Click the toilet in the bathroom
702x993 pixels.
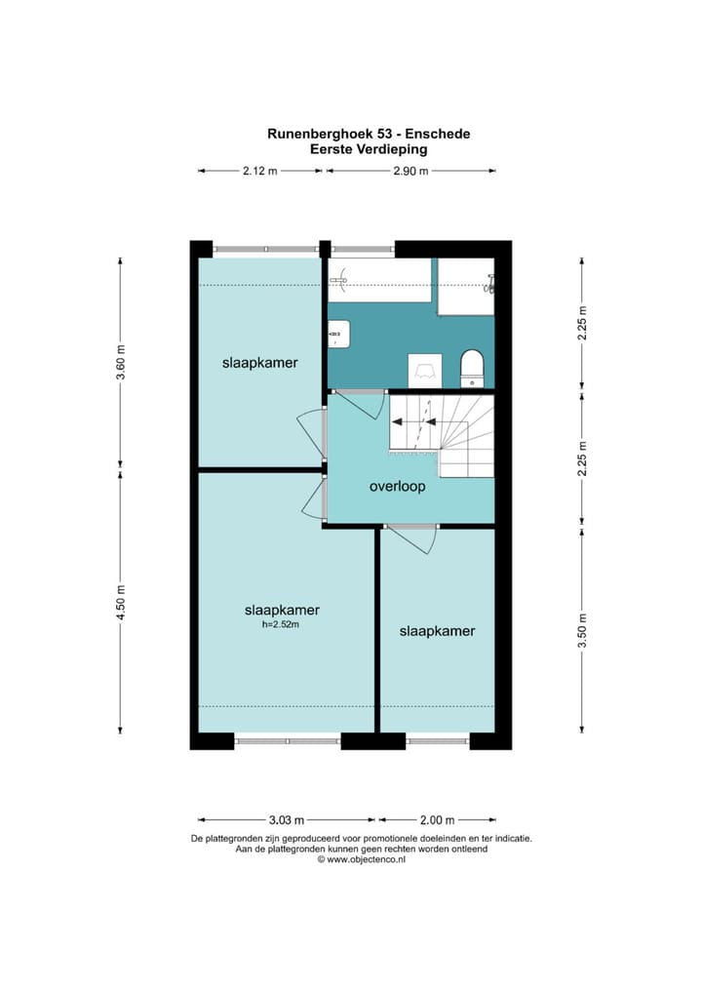472,368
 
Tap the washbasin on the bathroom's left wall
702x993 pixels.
338,333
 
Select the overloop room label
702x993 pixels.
398,487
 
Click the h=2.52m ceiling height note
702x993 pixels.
281,624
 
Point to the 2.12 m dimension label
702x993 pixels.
260,171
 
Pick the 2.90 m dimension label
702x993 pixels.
410,171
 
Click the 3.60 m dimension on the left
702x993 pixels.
120,362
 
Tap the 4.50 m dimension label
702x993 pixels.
120,604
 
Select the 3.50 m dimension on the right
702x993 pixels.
582,630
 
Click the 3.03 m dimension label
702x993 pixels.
287,820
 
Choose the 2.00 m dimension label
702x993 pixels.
438,820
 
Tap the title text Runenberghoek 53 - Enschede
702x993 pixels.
369,134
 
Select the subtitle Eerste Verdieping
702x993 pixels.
369,149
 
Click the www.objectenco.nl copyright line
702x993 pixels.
362,859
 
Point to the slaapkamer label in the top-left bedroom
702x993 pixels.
259,363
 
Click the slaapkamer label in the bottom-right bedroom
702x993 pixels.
437,631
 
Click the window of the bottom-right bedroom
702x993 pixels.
438,741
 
